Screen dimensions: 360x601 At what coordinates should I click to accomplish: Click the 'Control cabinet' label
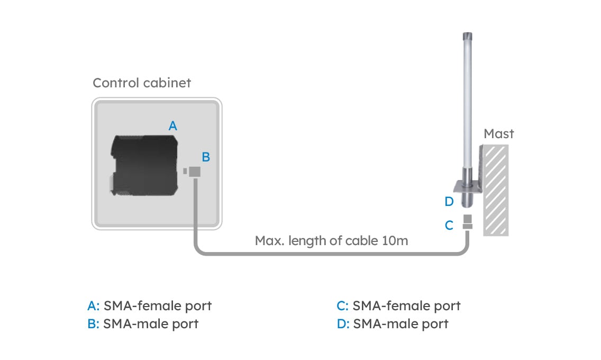click(x=142, y=83)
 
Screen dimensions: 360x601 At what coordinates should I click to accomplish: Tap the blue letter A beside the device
click(x=172, y=126)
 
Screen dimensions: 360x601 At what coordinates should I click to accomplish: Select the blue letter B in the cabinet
click(x=206, y=157)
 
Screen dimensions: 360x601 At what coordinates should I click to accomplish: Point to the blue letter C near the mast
click(x=449, y=226)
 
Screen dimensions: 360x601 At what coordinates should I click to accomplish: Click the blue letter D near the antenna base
click(x=449, y=202)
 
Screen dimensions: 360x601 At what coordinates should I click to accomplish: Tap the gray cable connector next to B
click(x=194, y=172)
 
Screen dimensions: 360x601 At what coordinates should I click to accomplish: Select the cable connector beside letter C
click(x=467, y=222)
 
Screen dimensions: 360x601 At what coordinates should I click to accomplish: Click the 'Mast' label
click(x=498, y=134)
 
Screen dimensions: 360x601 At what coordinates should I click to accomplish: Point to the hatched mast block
click(x=497, y=191)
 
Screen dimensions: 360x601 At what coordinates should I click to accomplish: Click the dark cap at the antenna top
click(x=467, y=38)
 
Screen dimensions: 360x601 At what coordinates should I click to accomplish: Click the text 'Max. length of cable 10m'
click(x=331, y=241)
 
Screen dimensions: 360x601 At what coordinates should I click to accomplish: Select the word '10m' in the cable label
click(x=394, y=241)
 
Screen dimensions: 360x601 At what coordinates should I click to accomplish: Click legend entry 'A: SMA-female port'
click(x=150, y=305)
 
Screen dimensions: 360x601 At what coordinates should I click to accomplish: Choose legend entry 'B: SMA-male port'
click(x=143, y=323)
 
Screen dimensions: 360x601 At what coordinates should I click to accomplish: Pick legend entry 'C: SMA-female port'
click(x=398, y=305)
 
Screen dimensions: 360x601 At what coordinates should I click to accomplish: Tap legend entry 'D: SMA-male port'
click(x=392, y=323)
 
